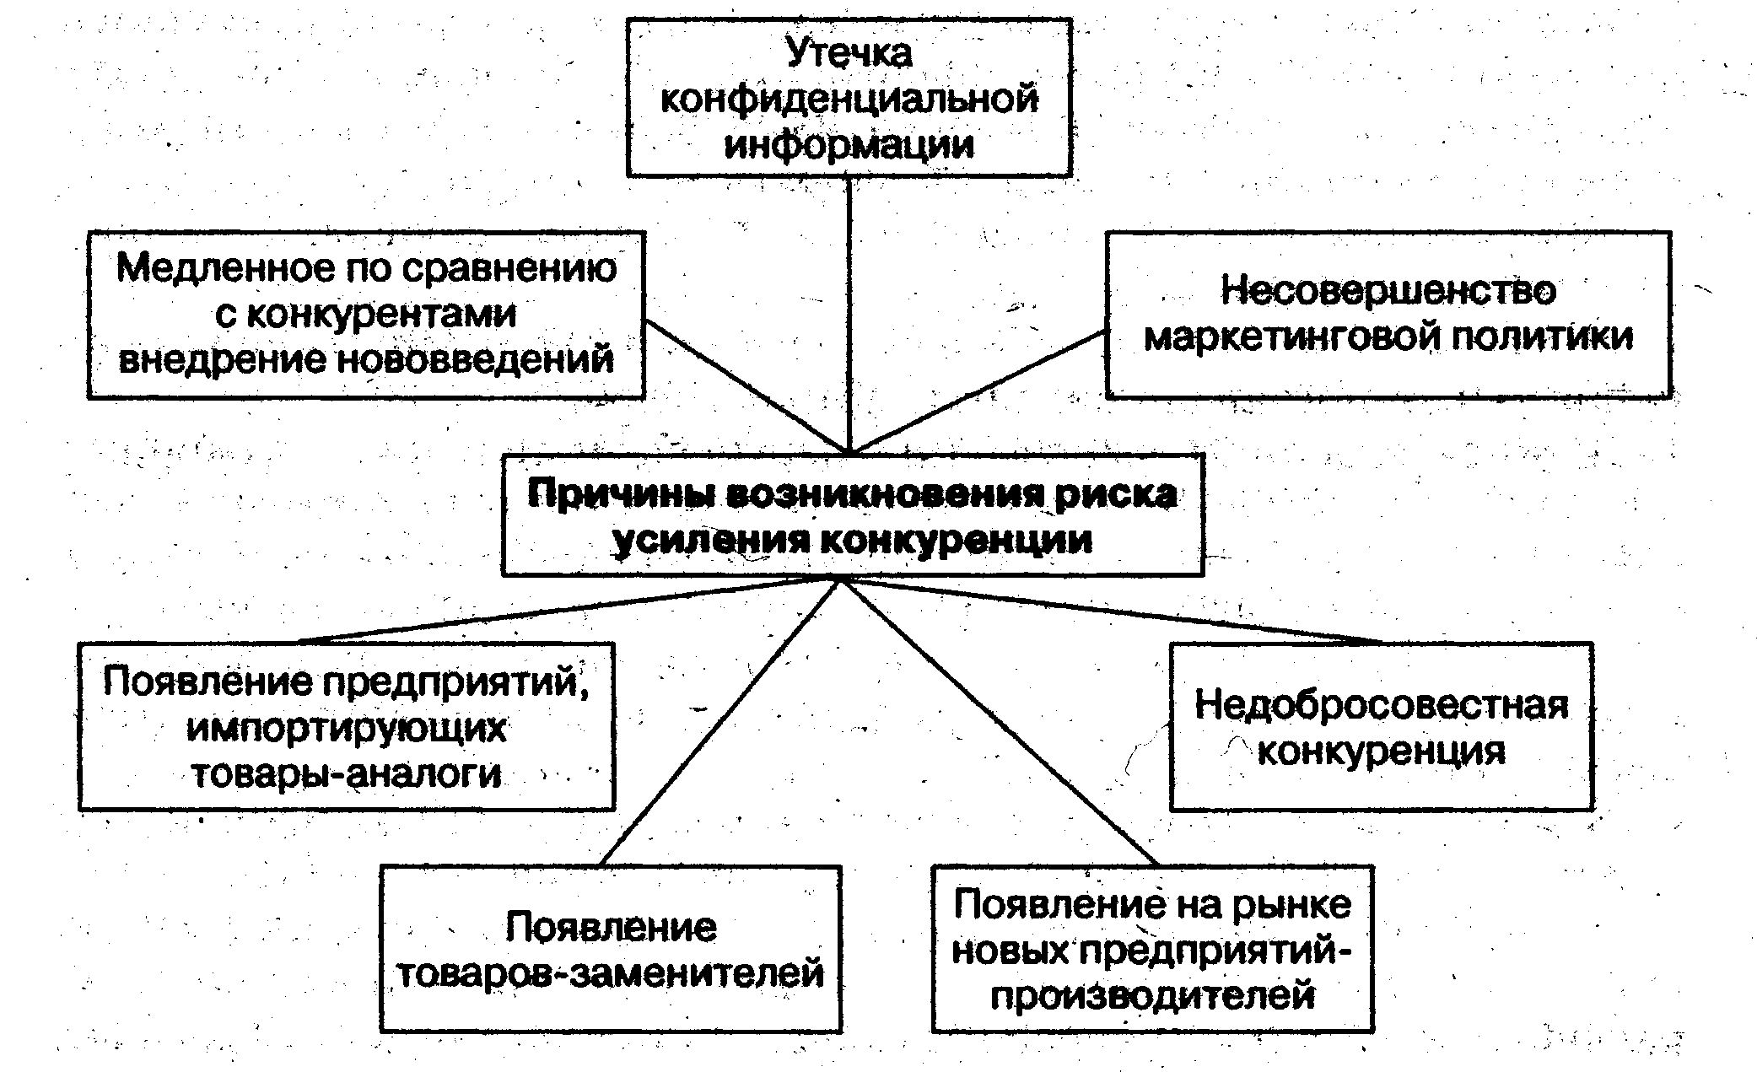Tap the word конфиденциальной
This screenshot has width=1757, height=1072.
849,100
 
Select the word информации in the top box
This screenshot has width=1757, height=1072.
849,144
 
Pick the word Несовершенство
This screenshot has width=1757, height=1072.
1388,291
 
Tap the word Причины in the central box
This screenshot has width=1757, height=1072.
620,494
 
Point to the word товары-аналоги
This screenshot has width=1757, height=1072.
347,774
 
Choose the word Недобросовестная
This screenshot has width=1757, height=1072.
1381,705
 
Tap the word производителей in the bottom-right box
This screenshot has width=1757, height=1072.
1152,996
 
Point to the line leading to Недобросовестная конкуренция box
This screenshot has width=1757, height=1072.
1113,611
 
